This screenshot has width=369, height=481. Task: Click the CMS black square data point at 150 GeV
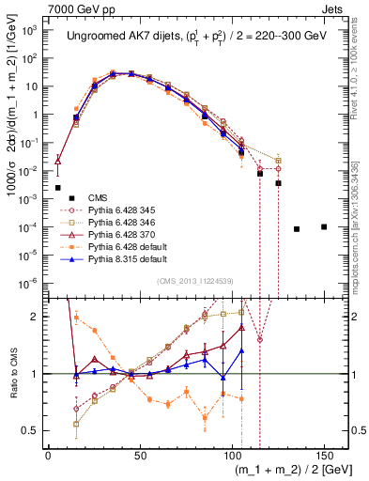tap(324, 226)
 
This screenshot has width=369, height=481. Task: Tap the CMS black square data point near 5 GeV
tap(57, 188)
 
